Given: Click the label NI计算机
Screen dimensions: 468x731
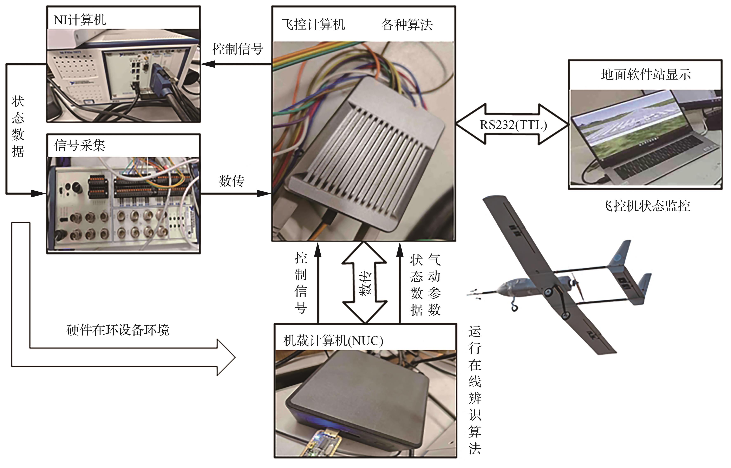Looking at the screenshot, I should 80,20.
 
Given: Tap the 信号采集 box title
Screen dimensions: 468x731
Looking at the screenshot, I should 80,145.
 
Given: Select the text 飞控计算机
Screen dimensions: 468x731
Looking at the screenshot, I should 313,24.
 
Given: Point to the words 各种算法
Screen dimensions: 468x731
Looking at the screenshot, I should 407,24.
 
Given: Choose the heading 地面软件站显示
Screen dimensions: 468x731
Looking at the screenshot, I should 646,74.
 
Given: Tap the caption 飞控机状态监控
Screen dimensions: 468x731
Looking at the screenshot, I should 645,206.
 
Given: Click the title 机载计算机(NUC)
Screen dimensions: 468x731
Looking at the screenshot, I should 333,341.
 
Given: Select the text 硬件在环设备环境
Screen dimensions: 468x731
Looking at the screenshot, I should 118,330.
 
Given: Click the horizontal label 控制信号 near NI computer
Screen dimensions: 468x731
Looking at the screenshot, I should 237,49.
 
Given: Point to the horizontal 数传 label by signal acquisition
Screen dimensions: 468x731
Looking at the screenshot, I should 231,181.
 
